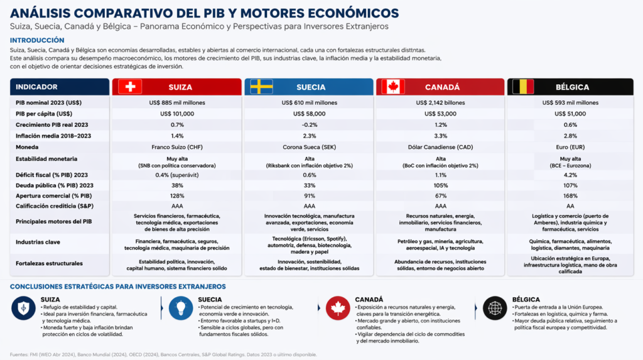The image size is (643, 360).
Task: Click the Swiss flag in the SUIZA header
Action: pyautogui.click(x=130, y=87)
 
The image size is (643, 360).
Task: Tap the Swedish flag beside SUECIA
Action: pyautogui.click(x=262, y=87)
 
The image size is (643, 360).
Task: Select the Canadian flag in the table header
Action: pyautogui.click(x=393, y=87)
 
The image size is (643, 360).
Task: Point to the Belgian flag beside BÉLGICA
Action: pyautogui.click(x=523, y=87)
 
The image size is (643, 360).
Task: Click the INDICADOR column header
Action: pyautogui.click(x=36, y=87)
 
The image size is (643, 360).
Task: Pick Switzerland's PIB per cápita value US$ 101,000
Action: pyautogui.click(x=177, y=114)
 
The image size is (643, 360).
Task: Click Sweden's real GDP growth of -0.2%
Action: pyautogui.click(x=309, y=125)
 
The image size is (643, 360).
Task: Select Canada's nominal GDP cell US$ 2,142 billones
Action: pyautogui.click(x=440, y=102)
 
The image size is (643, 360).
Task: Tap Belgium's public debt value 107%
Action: pyautogui.click(x=570, y=185)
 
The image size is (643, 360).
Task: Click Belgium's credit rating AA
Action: pyautogui.click(x=570, y=206)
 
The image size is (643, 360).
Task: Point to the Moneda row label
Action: pyautogui.click(x=27, y=147)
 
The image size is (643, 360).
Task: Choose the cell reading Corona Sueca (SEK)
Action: pyautogui.click(x=309, y=147)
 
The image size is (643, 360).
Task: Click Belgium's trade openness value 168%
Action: pyautogui.click(x=570, y=196)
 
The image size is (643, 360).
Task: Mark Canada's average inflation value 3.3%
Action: pyautogui.click(x=440, y=136)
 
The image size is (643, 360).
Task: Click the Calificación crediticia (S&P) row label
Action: pyautogui.click(x=55, y=206)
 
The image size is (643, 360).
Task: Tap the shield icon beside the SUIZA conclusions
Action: pyautogui.click(x=23, y=308)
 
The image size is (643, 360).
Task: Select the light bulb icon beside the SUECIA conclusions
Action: pyautogui.click(x=181, y=308)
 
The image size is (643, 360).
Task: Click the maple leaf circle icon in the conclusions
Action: pyautogui.click(x=338, y=308)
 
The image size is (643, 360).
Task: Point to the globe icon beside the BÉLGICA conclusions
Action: pyautogui.click(x=495, y=308)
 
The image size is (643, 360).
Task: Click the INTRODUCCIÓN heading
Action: pyautogui.click(x=37, y=40)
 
